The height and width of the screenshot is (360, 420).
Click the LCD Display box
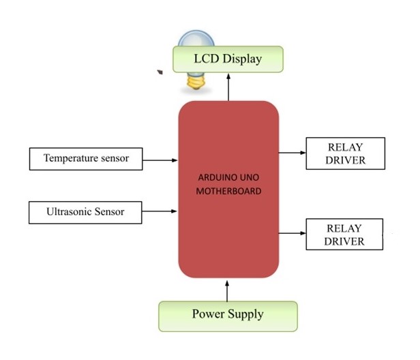point(228,59)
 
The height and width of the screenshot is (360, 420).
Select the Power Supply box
point(228,315)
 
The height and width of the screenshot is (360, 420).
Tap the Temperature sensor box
point(85,159)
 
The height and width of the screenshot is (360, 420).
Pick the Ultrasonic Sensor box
point(85,212)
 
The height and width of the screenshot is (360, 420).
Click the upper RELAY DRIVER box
point(345,154)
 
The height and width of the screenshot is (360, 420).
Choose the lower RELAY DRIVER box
point(345,235)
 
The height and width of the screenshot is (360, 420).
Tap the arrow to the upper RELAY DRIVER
point(292,153)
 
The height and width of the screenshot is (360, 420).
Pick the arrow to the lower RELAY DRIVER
point(292,233)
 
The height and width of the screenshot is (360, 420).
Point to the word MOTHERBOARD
point(228,192)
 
